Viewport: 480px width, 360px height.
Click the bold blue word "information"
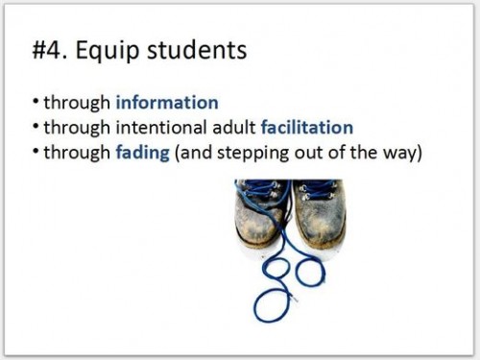click(167, 103)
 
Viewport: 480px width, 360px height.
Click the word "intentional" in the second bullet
click(164, 128)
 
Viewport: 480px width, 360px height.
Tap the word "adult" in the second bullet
click(233, 128)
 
